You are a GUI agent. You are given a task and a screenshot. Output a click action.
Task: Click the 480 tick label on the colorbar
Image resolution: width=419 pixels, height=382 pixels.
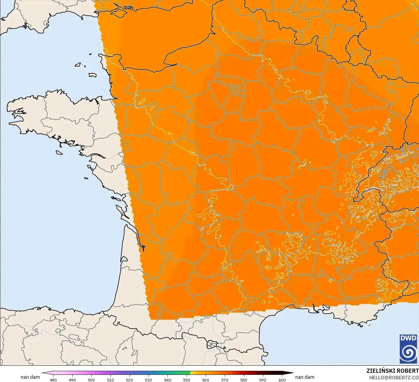[x=53, y=380]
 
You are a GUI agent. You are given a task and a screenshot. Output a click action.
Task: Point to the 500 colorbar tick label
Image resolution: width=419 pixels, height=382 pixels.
[x=91, y=380]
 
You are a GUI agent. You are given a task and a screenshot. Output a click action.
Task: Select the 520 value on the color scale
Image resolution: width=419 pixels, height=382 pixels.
[x=129, y=380]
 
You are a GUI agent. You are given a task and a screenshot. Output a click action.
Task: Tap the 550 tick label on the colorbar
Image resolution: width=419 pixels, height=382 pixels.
[x=187, y=380]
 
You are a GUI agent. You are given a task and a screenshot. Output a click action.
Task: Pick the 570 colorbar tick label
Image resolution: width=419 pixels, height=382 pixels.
[x=225, y=380]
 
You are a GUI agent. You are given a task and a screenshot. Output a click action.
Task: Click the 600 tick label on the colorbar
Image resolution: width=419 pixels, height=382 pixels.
[x=282, y=380]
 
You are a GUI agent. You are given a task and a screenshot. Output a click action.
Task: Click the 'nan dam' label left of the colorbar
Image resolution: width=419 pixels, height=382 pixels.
[x=30, y=377]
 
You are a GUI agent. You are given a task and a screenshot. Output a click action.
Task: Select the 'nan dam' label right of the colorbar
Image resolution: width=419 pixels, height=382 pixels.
[x=305, y=377]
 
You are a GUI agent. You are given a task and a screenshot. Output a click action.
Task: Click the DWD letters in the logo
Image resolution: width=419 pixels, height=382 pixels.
[x=408, y=338]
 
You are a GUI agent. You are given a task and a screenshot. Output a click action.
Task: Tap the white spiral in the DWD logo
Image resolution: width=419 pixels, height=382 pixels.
[x=408, y=353]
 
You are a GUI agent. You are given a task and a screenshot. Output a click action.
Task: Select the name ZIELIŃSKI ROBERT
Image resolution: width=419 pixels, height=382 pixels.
[x=392, y=371]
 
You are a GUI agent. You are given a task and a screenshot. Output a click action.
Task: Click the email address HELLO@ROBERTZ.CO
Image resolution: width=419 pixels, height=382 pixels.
[x=394, y=377]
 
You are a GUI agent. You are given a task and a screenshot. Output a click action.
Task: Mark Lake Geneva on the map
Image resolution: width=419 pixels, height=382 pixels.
[x=374, y=189]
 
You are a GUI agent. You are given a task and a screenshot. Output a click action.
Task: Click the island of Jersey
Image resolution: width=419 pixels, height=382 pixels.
[x=92, y=75]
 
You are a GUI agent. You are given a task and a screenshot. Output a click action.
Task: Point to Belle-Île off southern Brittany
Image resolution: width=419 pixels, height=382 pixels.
[x=59, y=152]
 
